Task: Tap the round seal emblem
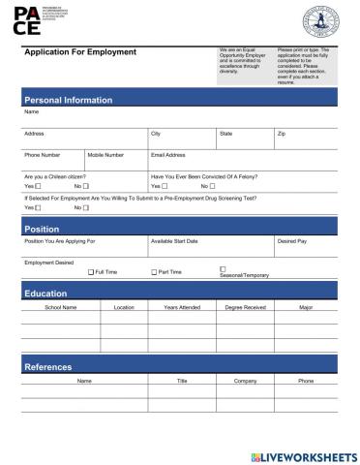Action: [321, 20]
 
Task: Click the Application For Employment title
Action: [79, 52]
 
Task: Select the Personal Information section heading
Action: [68, 100]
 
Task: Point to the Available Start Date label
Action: [174, 241]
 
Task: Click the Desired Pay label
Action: [292, 241]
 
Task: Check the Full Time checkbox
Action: [91, 272]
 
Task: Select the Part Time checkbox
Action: [154, 272]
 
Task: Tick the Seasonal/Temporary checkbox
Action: [223, 268]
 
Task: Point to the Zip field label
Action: [282, 134]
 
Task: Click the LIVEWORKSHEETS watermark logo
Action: [303, 454]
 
